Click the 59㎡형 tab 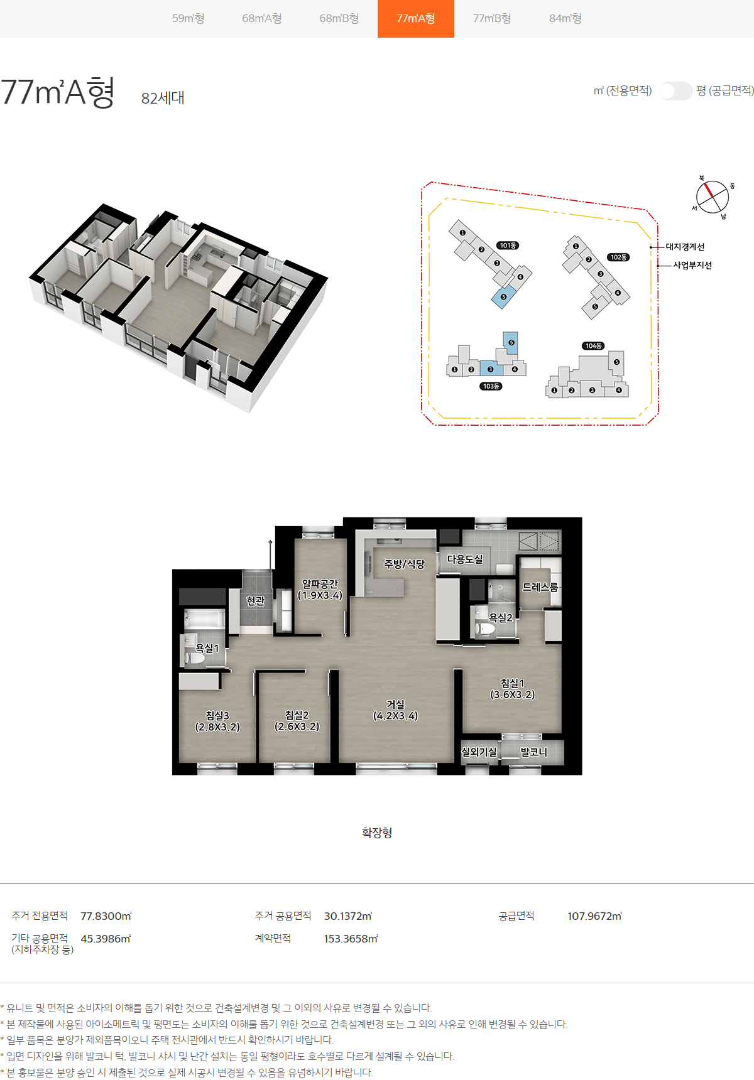tap(188, 18)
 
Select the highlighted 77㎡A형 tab tap(416, 19)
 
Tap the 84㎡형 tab tap(565, 18)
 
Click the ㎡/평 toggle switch tap(675, 91)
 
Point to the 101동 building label tap(508, 246)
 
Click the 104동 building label tap(593, 346)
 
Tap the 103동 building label tap(491, 386)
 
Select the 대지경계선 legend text tap(685, 247)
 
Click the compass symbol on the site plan tap(713, 197)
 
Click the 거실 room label tap(395, 705)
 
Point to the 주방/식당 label tap(405, 564)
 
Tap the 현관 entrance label tap(255, 601)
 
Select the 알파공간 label tap(320, 584)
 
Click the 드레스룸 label tap(540, 587)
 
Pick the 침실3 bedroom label tap(217, 715)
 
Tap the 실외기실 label tap(479, 752)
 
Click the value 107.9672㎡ tap(594, 916)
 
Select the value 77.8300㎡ tap(106, 916)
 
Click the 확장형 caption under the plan tap(377, 833)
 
